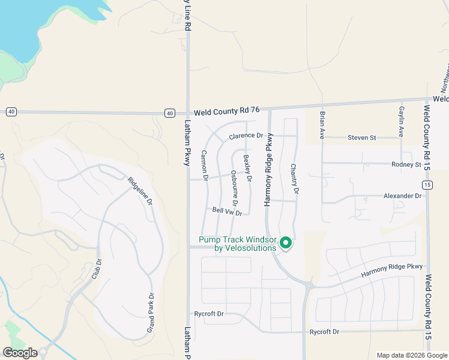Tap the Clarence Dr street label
[246, 136]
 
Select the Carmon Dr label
[204, 166]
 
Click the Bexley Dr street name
[247, 169]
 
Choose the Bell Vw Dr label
[227, 211]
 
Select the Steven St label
[361, 138]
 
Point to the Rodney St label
[406, 164]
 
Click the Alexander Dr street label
[403, 196]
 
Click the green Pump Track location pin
[286, 242]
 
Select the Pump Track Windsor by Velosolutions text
[238, 244]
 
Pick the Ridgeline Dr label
[140, 191]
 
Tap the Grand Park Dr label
[151, 313]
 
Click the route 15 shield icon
[427, 186]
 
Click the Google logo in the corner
[20, 353]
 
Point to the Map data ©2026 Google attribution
[411, 355]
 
